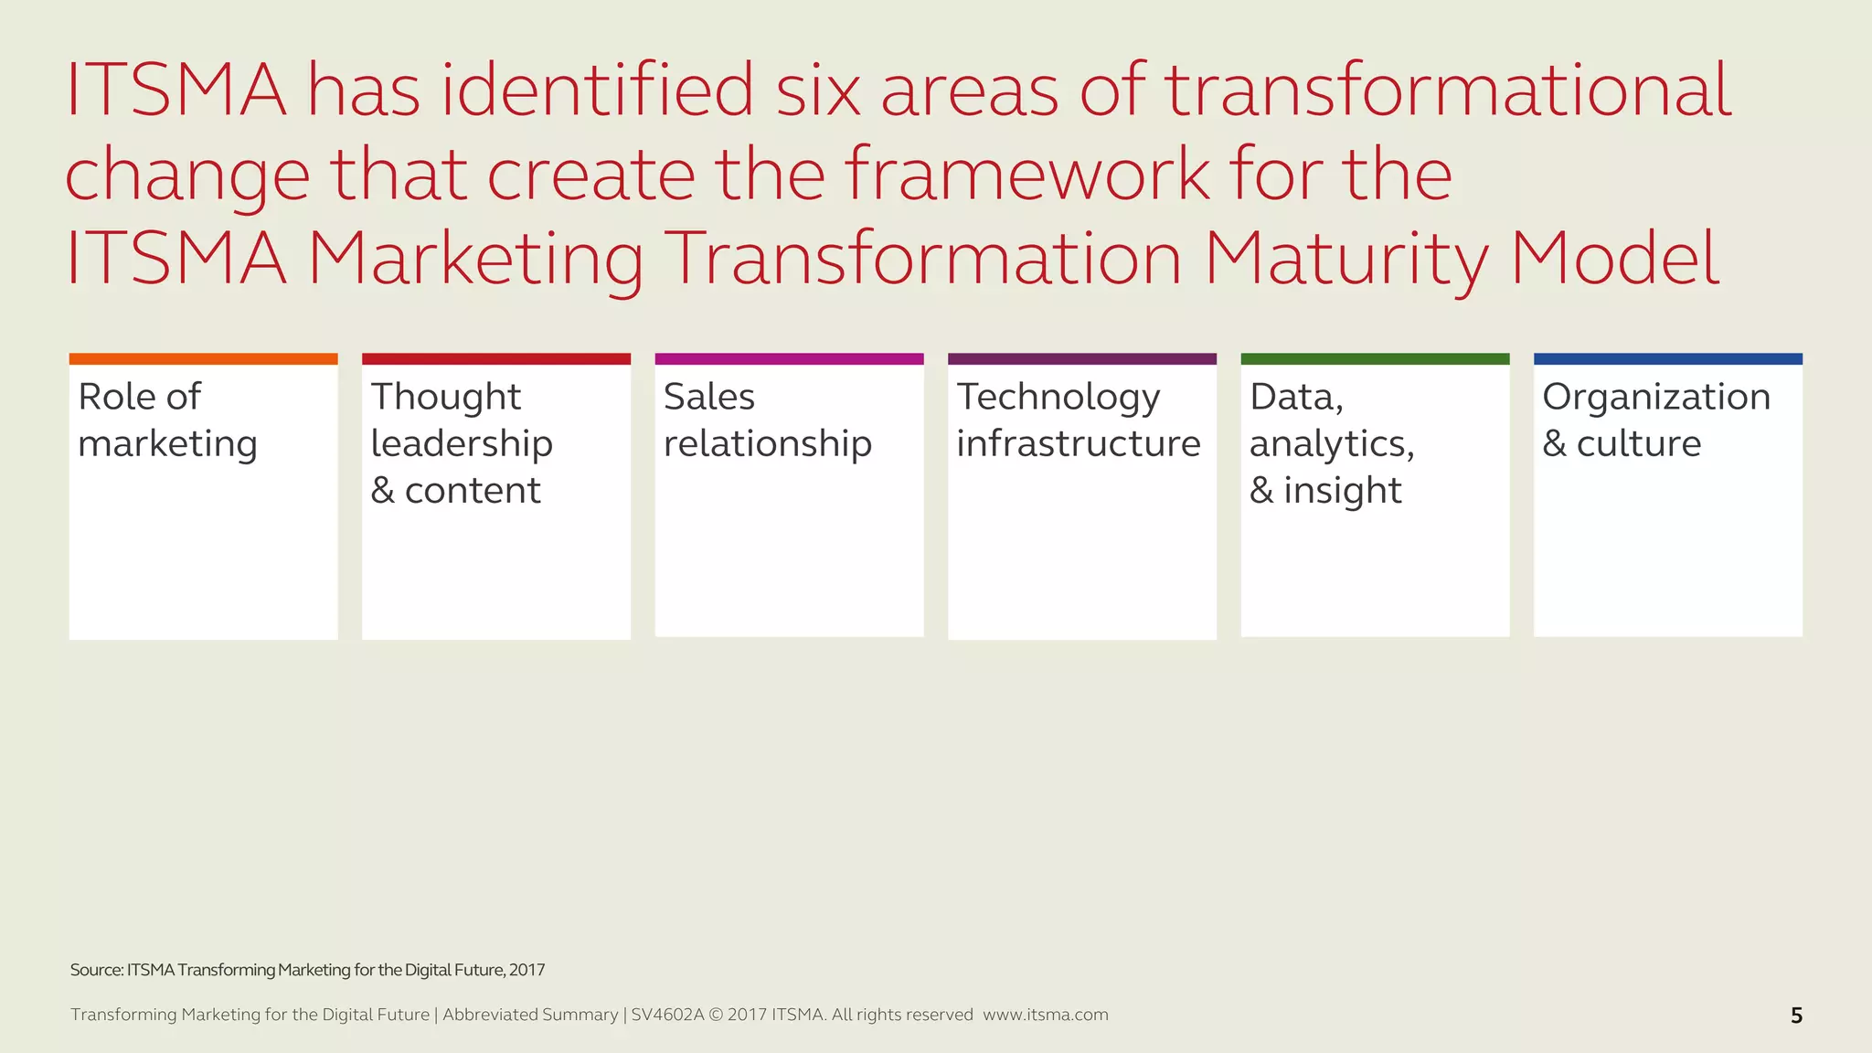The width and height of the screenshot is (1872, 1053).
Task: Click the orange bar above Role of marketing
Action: tap(203, 359)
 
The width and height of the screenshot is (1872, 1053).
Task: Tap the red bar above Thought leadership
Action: tap(496, 359)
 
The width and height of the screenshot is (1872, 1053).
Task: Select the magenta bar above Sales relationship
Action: tap(789, 359)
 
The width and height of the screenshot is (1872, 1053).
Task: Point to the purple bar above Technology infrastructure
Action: tap(1082, 359)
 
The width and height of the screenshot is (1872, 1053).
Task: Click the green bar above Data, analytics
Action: tap(1375, 359)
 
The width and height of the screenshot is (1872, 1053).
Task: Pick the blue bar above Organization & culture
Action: tap(1667, 359)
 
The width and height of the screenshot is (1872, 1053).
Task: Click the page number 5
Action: tap(1796, 1016)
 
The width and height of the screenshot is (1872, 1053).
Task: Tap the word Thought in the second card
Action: tap(445, 398)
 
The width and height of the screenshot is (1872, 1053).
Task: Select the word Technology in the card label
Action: tap(1058, 398)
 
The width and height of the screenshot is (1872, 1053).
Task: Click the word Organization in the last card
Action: tap(1656, 398)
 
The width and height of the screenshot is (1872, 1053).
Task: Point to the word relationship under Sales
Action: tap(767, 444)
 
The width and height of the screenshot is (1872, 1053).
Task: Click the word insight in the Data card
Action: tap(1342, 491)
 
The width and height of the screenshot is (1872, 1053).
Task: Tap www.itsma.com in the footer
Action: tap(1045, 1015)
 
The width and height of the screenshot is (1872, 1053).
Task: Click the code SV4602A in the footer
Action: tap(667, 1015)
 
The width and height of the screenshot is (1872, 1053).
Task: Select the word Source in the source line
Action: tap(95, 970)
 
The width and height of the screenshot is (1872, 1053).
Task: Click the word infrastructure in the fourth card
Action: tap(1078, 444)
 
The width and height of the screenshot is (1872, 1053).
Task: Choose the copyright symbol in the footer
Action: tap(716, 1015)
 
